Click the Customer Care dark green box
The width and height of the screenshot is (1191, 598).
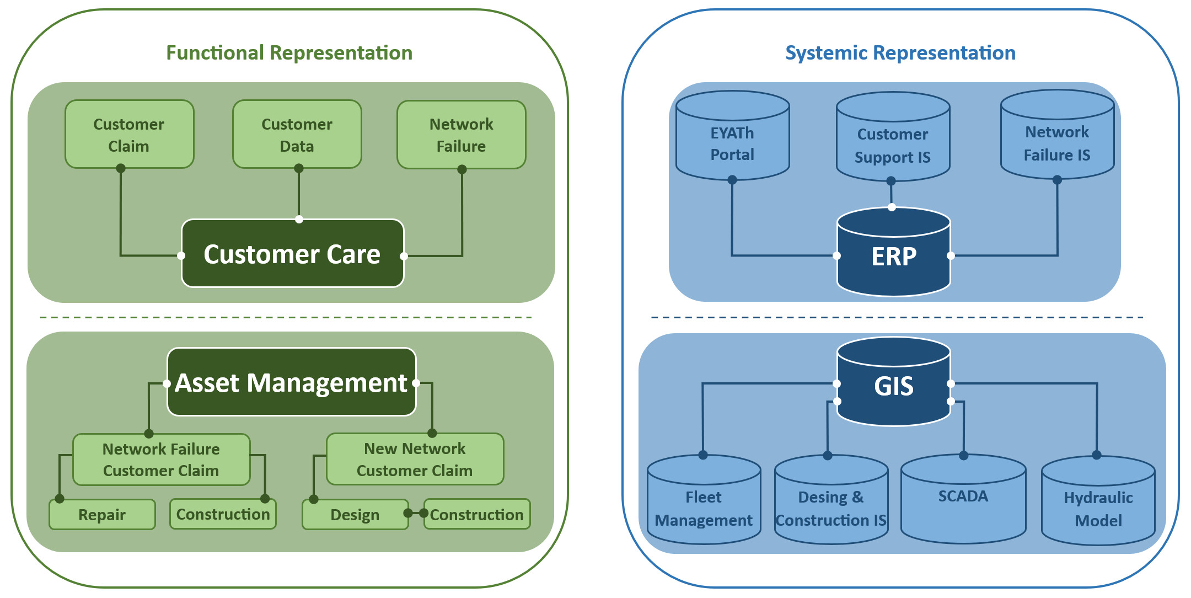pyautogui.click(x=292, y=254)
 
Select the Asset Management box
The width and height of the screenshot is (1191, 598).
pyautogui.click(x=291, y=382)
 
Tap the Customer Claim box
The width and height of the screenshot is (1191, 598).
pyautogui.click(x=129, y=135)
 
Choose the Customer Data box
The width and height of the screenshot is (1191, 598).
pyautogui.click(x=297, y=135)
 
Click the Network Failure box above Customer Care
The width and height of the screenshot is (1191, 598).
pyautogui.click(x=461, y=135)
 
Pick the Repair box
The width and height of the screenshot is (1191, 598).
pyautogui.click(x=102, y=515)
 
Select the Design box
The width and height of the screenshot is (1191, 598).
pyautogui.click(x=355, y=515)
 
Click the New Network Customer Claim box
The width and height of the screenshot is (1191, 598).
pyautogui.click(x=415, y=459)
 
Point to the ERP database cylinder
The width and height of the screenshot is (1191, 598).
pyautogui.click(x=893, y=256)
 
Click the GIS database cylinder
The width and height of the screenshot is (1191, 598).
pyautogui.click(x=893, y=386)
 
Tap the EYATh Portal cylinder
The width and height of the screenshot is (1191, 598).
pyautogui.click(x=732, y=143)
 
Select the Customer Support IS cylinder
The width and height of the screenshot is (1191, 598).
pyautogui.click(x=893, y=145)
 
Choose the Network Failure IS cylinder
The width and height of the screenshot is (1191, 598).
pyautogui.click(x=1057, y=143)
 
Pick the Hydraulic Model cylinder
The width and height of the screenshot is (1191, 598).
pyautogui.click(x=1098, y=509)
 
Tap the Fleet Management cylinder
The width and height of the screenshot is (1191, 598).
pyautogui.click(x=704, y=508)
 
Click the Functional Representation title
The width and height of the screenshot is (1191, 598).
pyautogui.click(x=289, y=53)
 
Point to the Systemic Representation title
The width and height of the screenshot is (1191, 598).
pyautogui.click(x=900, y=53)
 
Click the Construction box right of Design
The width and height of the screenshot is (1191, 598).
pyautogui.click(x=476, y=515)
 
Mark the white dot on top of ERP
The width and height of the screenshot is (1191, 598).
pyautogui.click(x=892, y=207)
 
